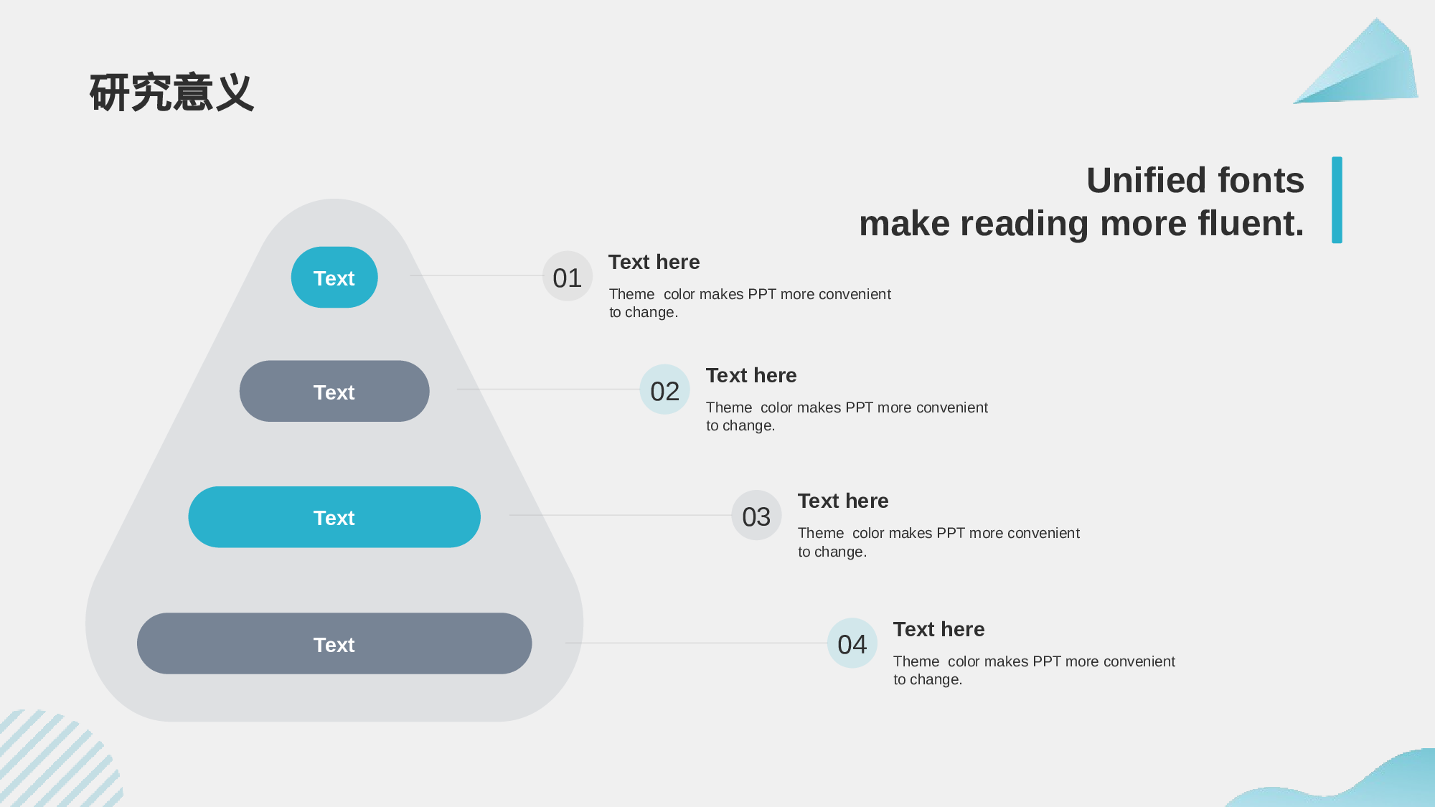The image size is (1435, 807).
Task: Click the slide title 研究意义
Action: [x=171, y=93]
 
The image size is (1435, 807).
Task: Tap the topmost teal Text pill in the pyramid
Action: [x=334, y=278]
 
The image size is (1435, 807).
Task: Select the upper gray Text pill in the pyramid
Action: [x=334, y=391]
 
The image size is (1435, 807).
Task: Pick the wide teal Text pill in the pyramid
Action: [x=334, y=517]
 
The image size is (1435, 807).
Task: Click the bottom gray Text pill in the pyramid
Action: [x=334, y=643]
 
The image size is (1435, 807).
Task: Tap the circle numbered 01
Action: [x=568, y=276]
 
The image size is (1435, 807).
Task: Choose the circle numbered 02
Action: [x=664, y=390]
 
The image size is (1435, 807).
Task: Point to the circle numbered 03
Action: [x=756, y=515]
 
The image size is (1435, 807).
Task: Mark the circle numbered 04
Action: [x=852, y=643]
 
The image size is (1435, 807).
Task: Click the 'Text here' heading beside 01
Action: [x=654, y=262]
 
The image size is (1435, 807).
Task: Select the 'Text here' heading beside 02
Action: [x=751, y=375]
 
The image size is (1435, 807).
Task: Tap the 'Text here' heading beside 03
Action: [x=843, y=501]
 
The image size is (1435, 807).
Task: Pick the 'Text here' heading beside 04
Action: [x=939, y=629]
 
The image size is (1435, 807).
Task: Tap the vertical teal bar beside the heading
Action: [x=1337, y=200]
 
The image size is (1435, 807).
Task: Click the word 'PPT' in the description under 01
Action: [x=762, y=294]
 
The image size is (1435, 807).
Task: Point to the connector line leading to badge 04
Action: [x=696, y=643]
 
